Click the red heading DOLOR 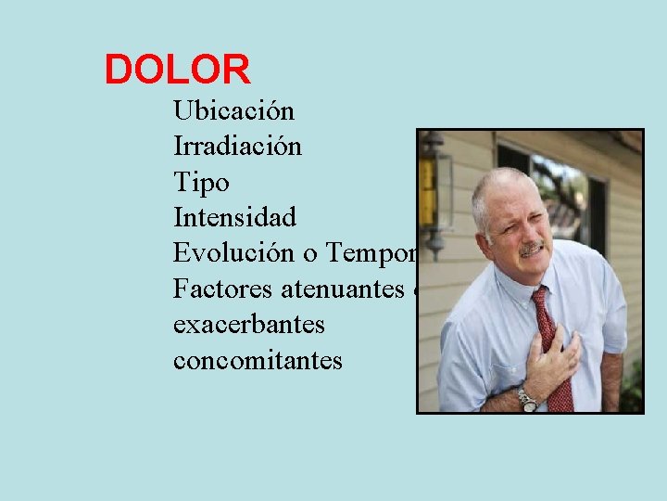(177, 70)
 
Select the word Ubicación (233, 111)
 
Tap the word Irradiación (237, 147)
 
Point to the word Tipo (200, 183)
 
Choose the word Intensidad (234, 218)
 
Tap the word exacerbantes (248, 325)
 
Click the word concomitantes (258, 360)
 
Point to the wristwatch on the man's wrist (527, 400)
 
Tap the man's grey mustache (531, 248)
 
